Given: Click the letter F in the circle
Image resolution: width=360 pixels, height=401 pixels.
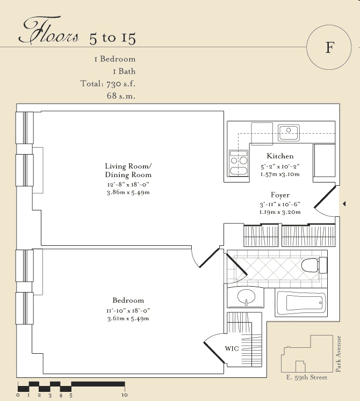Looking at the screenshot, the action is [x=330, y=47].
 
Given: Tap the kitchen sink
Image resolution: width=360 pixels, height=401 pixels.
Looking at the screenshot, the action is [x=289, y=133].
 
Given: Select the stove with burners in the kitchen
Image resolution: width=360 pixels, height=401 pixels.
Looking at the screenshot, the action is [x=239, y=163].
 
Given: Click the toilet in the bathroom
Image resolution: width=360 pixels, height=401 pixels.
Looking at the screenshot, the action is [x=314, y=266].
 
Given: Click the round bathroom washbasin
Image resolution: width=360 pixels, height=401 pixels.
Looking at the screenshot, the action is [x=246, y=297].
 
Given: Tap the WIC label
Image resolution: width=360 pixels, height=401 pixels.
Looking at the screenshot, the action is [x=232, y=348].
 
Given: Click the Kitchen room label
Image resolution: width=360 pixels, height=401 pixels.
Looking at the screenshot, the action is [x=280, y=156].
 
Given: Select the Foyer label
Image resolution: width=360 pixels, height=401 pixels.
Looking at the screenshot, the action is [x=280, y=195].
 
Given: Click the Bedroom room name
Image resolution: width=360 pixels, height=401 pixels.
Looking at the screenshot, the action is [x=128, y=300].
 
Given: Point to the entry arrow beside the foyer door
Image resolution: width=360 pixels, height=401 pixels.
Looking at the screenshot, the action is [x=344, y=204].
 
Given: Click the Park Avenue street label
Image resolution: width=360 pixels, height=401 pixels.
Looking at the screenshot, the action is [x=338, y=354].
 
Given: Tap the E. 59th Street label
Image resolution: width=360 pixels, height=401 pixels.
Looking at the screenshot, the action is [x=306, y=377].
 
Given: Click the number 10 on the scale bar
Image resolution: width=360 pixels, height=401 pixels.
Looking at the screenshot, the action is [x=125, y=395].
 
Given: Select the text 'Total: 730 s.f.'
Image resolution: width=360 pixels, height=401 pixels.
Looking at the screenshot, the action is [x=108, y=84].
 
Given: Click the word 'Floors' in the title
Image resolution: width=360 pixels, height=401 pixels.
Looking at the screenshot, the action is [x=49, y=31].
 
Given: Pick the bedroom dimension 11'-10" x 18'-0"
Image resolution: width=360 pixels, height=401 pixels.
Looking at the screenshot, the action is [x=128, y=311].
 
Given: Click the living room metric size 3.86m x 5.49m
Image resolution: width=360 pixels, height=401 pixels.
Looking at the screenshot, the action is [x=128, y=192].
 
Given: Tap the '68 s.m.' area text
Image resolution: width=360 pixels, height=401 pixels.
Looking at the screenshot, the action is [x=121, y=96].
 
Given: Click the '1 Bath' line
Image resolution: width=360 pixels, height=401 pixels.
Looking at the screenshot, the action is [x=124, y=71].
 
